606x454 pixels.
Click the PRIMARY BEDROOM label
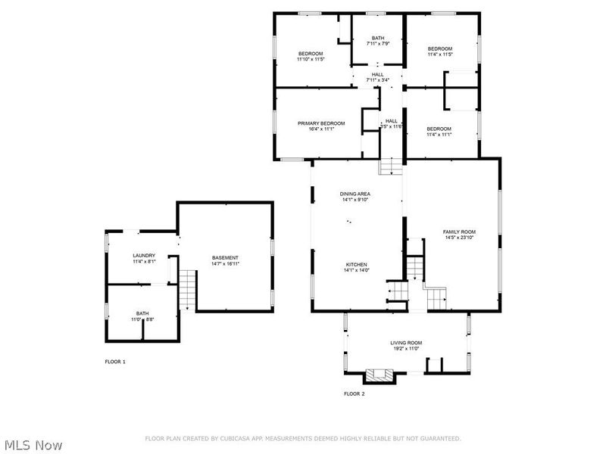(x=321, y=123)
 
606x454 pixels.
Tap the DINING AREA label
(x=355, y=194)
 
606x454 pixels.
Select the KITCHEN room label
(x=355, y=265)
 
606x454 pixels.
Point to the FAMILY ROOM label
(x=459, y=232)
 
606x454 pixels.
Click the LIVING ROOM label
(x=406, y=343)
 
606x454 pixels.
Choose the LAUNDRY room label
(x=144, y=256)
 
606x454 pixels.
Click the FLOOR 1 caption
(x=115, y=362)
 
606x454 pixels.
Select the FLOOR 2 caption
(x=354, y=393)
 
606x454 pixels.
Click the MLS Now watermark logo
(x=34, y=445)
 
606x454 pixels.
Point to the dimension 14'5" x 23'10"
(x=459, y=238)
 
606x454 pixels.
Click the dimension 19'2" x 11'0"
(x=406, y=349)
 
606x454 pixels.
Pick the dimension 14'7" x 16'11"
(x=225, y=264)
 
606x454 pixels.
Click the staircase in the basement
(x=187, y=289)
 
